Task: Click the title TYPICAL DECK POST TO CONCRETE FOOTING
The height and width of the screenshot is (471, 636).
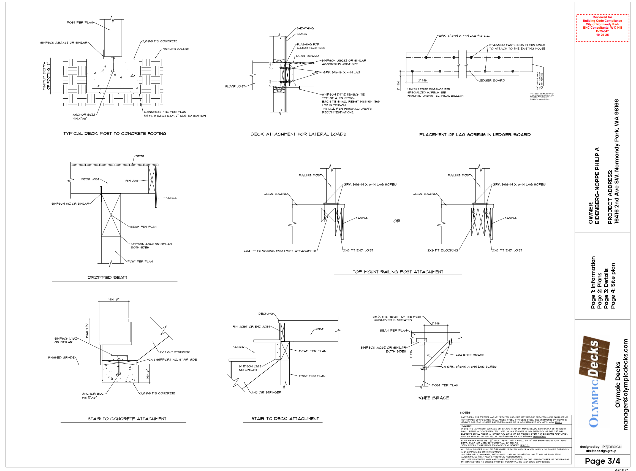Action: [x=115, y=134]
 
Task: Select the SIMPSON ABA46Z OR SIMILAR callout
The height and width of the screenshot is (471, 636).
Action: [x=64, y=43]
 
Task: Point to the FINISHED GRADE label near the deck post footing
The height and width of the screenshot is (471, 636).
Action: [x=176, y=49]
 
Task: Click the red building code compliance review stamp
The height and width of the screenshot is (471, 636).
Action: [x=602, y=28]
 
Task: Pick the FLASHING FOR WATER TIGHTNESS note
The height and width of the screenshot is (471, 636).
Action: [x=311, y=46]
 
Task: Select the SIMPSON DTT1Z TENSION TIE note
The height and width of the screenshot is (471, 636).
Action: [x=343, y=94]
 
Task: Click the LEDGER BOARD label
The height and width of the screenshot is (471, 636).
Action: [x=491, y=80]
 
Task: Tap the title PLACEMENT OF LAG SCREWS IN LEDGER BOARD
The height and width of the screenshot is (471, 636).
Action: [x=475, y=135]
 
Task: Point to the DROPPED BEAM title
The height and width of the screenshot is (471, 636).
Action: [x=107, y=277]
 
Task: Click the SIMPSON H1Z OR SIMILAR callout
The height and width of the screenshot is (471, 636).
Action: [x=70, y=204]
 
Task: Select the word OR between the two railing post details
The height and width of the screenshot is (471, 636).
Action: [x=397, y=221]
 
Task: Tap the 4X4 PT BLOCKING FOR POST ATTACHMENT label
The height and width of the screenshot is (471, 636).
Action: [x=280, y=251]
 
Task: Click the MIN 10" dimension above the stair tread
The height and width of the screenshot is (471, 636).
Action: [x=114, y=299]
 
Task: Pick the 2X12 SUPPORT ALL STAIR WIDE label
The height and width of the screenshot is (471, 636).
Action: [x=173, y=359]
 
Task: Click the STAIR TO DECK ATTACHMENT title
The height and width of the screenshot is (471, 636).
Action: [x=285, y=419]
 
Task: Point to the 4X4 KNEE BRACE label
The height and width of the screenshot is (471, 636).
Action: [x=470, y=355]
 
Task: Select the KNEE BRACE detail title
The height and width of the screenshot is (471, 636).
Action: [x=433, y=398]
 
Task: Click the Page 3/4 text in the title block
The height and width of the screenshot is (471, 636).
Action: [x=602, y=461]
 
